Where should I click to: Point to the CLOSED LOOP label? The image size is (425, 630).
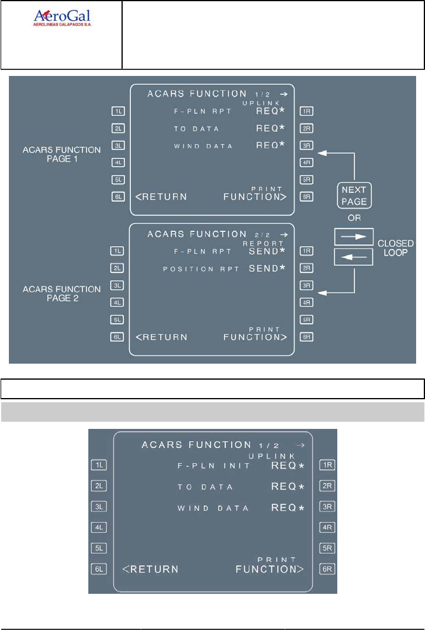pos(395,248)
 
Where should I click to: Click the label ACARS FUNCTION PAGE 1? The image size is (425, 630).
pos(62,154)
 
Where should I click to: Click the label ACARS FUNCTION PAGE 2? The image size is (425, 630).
pos(62,294)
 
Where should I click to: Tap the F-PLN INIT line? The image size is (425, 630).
pos(215,466)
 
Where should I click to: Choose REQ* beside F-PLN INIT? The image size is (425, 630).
pos(287,466)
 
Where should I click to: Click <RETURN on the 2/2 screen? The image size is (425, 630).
pos(161,337)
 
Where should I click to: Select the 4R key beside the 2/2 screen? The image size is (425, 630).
pos(306,303)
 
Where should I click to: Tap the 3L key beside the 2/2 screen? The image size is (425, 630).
pos(117,286)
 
